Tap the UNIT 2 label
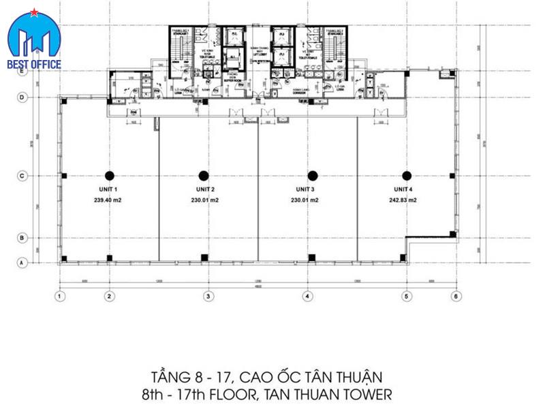pyautogui.click(x=204, y=190)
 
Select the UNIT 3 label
pyautogui.click(x=305, y=190)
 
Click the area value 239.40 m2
pyautogui.click(x=108, y=200)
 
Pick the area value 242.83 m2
pyautogui.click(x=403, y=200)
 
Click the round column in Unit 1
pyautogui.click(x=109, y=175)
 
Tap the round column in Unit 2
pyautogui.click(x=204, y=175)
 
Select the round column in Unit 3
pyautogui.click(x=313, y=175)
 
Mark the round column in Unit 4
pyautogui.click(x=407, y=175)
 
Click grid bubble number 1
pyautogui.click(x=60, y=296)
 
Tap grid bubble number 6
pyautogui.click(x=456, y=296)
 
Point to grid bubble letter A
pyautogui.click(x=21, y=262)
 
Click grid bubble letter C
pyautogui.click(x=21, y=176)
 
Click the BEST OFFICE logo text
pyautogui.click(x=35, y=65)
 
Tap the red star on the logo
pyautogui.click(x=31, y=13)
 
